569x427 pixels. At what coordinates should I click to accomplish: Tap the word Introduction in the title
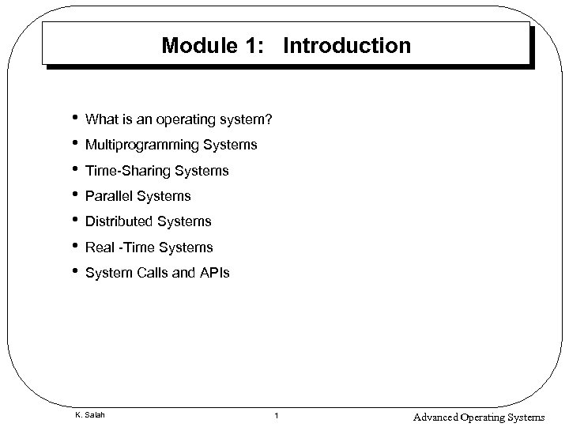point(346,45)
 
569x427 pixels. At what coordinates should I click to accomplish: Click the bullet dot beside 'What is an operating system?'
point(73,117)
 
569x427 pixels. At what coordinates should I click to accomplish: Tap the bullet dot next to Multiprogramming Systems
point(73,143)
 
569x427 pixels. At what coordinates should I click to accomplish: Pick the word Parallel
point(108,196)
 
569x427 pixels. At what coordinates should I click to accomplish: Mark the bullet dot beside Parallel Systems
point(73,194)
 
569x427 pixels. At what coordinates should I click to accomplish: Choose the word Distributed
point(119,221)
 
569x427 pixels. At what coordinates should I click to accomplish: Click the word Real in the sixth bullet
point(100,248)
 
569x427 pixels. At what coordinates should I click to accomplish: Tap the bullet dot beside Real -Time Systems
point(73,245)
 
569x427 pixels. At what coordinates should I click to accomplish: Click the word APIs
point(214,273)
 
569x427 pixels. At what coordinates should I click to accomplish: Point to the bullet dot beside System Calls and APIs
point(73,270)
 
